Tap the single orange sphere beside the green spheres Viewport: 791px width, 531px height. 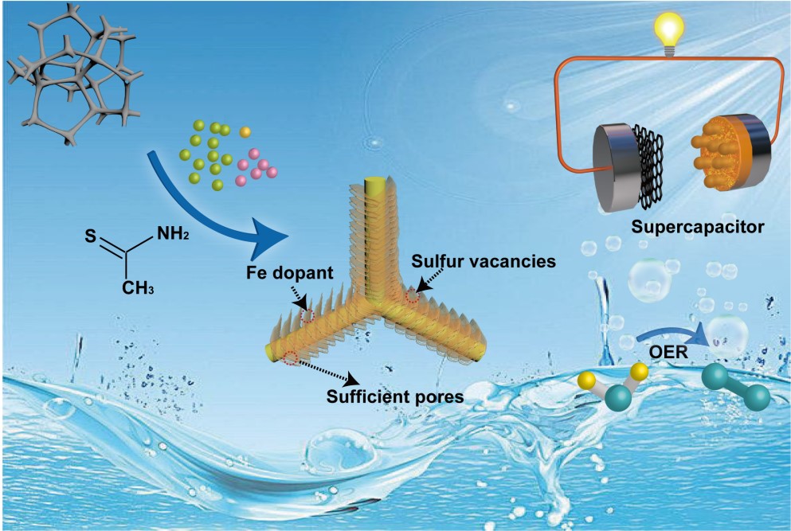(245, 131)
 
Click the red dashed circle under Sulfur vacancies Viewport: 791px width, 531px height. (412, 298)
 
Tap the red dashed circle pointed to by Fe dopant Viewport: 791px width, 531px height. (307, 316)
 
